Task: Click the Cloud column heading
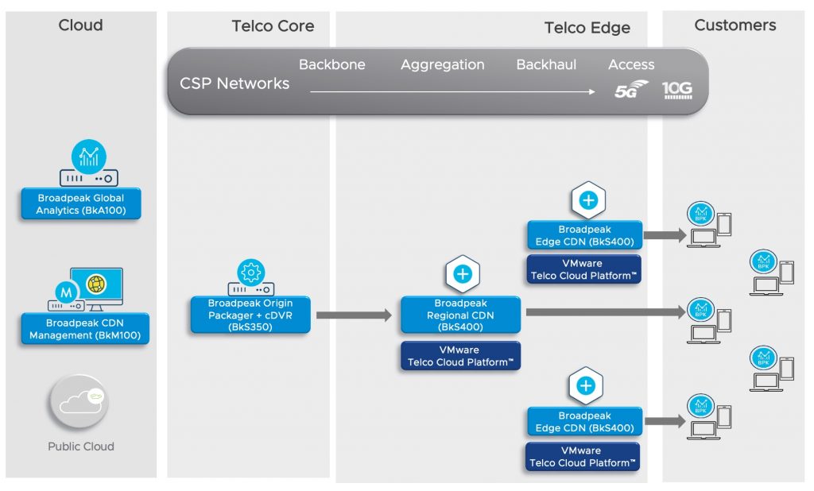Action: pyautogui.click(x=80, y=25)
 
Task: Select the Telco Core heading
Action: pyautogui.click(x=273, y=26)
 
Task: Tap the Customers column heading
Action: pyautogui.click(x=735, y=25)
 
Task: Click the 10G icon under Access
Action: pyautogui.click(x=677, y=91)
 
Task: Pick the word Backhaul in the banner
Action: pyautogui.click(x=546, y=65)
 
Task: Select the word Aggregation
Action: pyautogui.click(x=442, y=65)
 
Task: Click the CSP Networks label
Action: pyautogui.click(x=235, y=83)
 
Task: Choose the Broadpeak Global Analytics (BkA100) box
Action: pyautogui.click(x=80, y=204)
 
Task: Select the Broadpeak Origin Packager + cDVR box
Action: pyautogui.click(x=250, y=315)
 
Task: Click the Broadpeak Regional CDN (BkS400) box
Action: pyautogui.click(x=460, y=315)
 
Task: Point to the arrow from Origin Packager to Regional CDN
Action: pyautogui.click(x=354, y=315)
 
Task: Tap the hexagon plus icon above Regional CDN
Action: pyautogui.click(x=462, y=275)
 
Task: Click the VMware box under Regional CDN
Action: pyautogui.click(x=460, y=356)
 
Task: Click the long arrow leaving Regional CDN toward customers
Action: pyautogui.click(x=604, y=312)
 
